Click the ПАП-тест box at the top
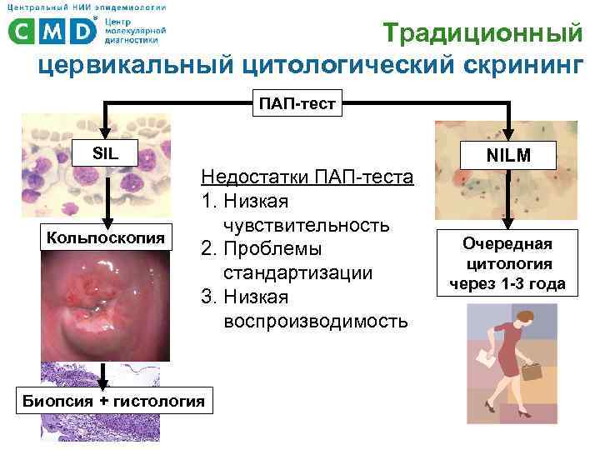[x=297, y=104]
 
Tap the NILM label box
[x=508, y=153]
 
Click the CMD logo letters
[x=52, y=31]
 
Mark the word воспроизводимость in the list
[x=316, y=321]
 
